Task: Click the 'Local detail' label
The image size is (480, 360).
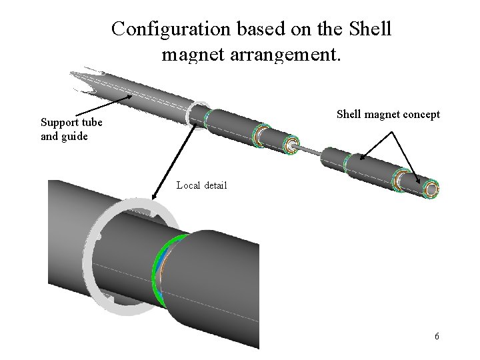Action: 201,185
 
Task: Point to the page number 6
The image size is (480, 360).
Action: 437,336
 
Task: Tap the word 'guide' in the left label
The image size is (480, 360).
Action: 73,136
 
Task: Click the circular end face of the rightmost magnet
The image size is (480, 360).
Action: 431,191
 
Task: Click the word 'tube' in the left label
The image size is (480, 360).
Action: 90,123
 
